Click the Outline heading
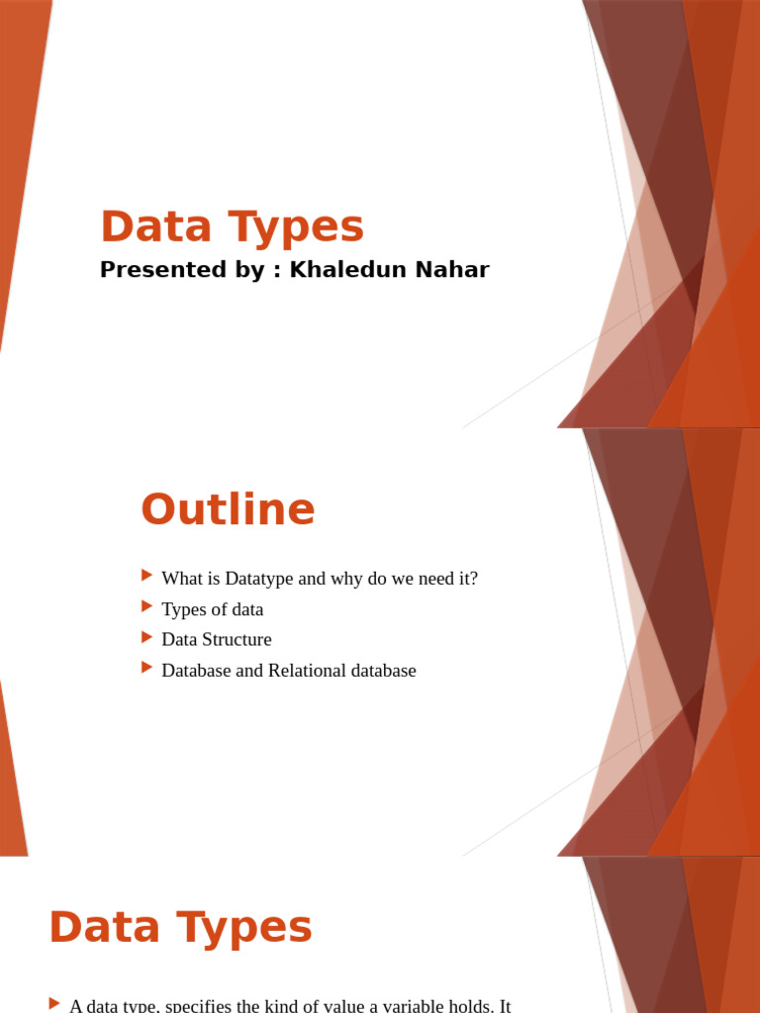[228, 509]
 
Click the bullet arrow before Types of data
[147, 605]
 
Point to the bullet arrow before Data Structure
[147, 636]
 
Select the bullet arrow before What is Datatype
[147, 575]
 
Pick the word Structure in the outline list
[237, 640]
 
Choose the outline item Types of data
[213, 609]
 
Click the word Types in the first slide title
[296, 227]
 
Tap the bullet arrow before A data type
[54, 1004]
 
